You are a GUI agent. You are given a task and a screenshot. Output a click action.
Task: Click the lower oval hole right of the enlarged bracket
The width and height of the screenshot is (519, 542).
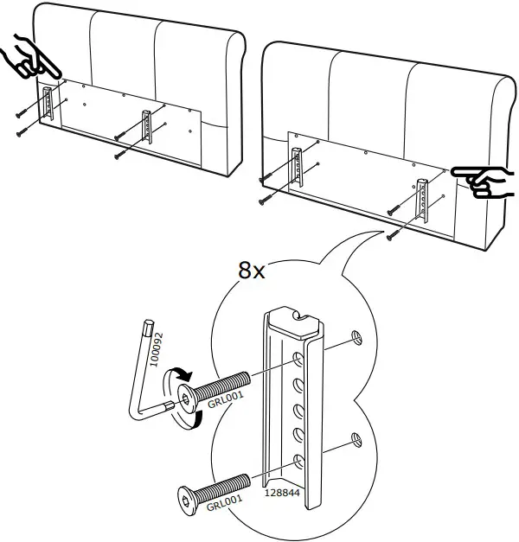tap(356, 441)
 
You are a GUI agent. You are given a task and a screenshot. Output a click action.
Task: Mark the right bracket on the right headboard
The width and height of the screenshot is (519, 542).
tap(423, 198)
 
